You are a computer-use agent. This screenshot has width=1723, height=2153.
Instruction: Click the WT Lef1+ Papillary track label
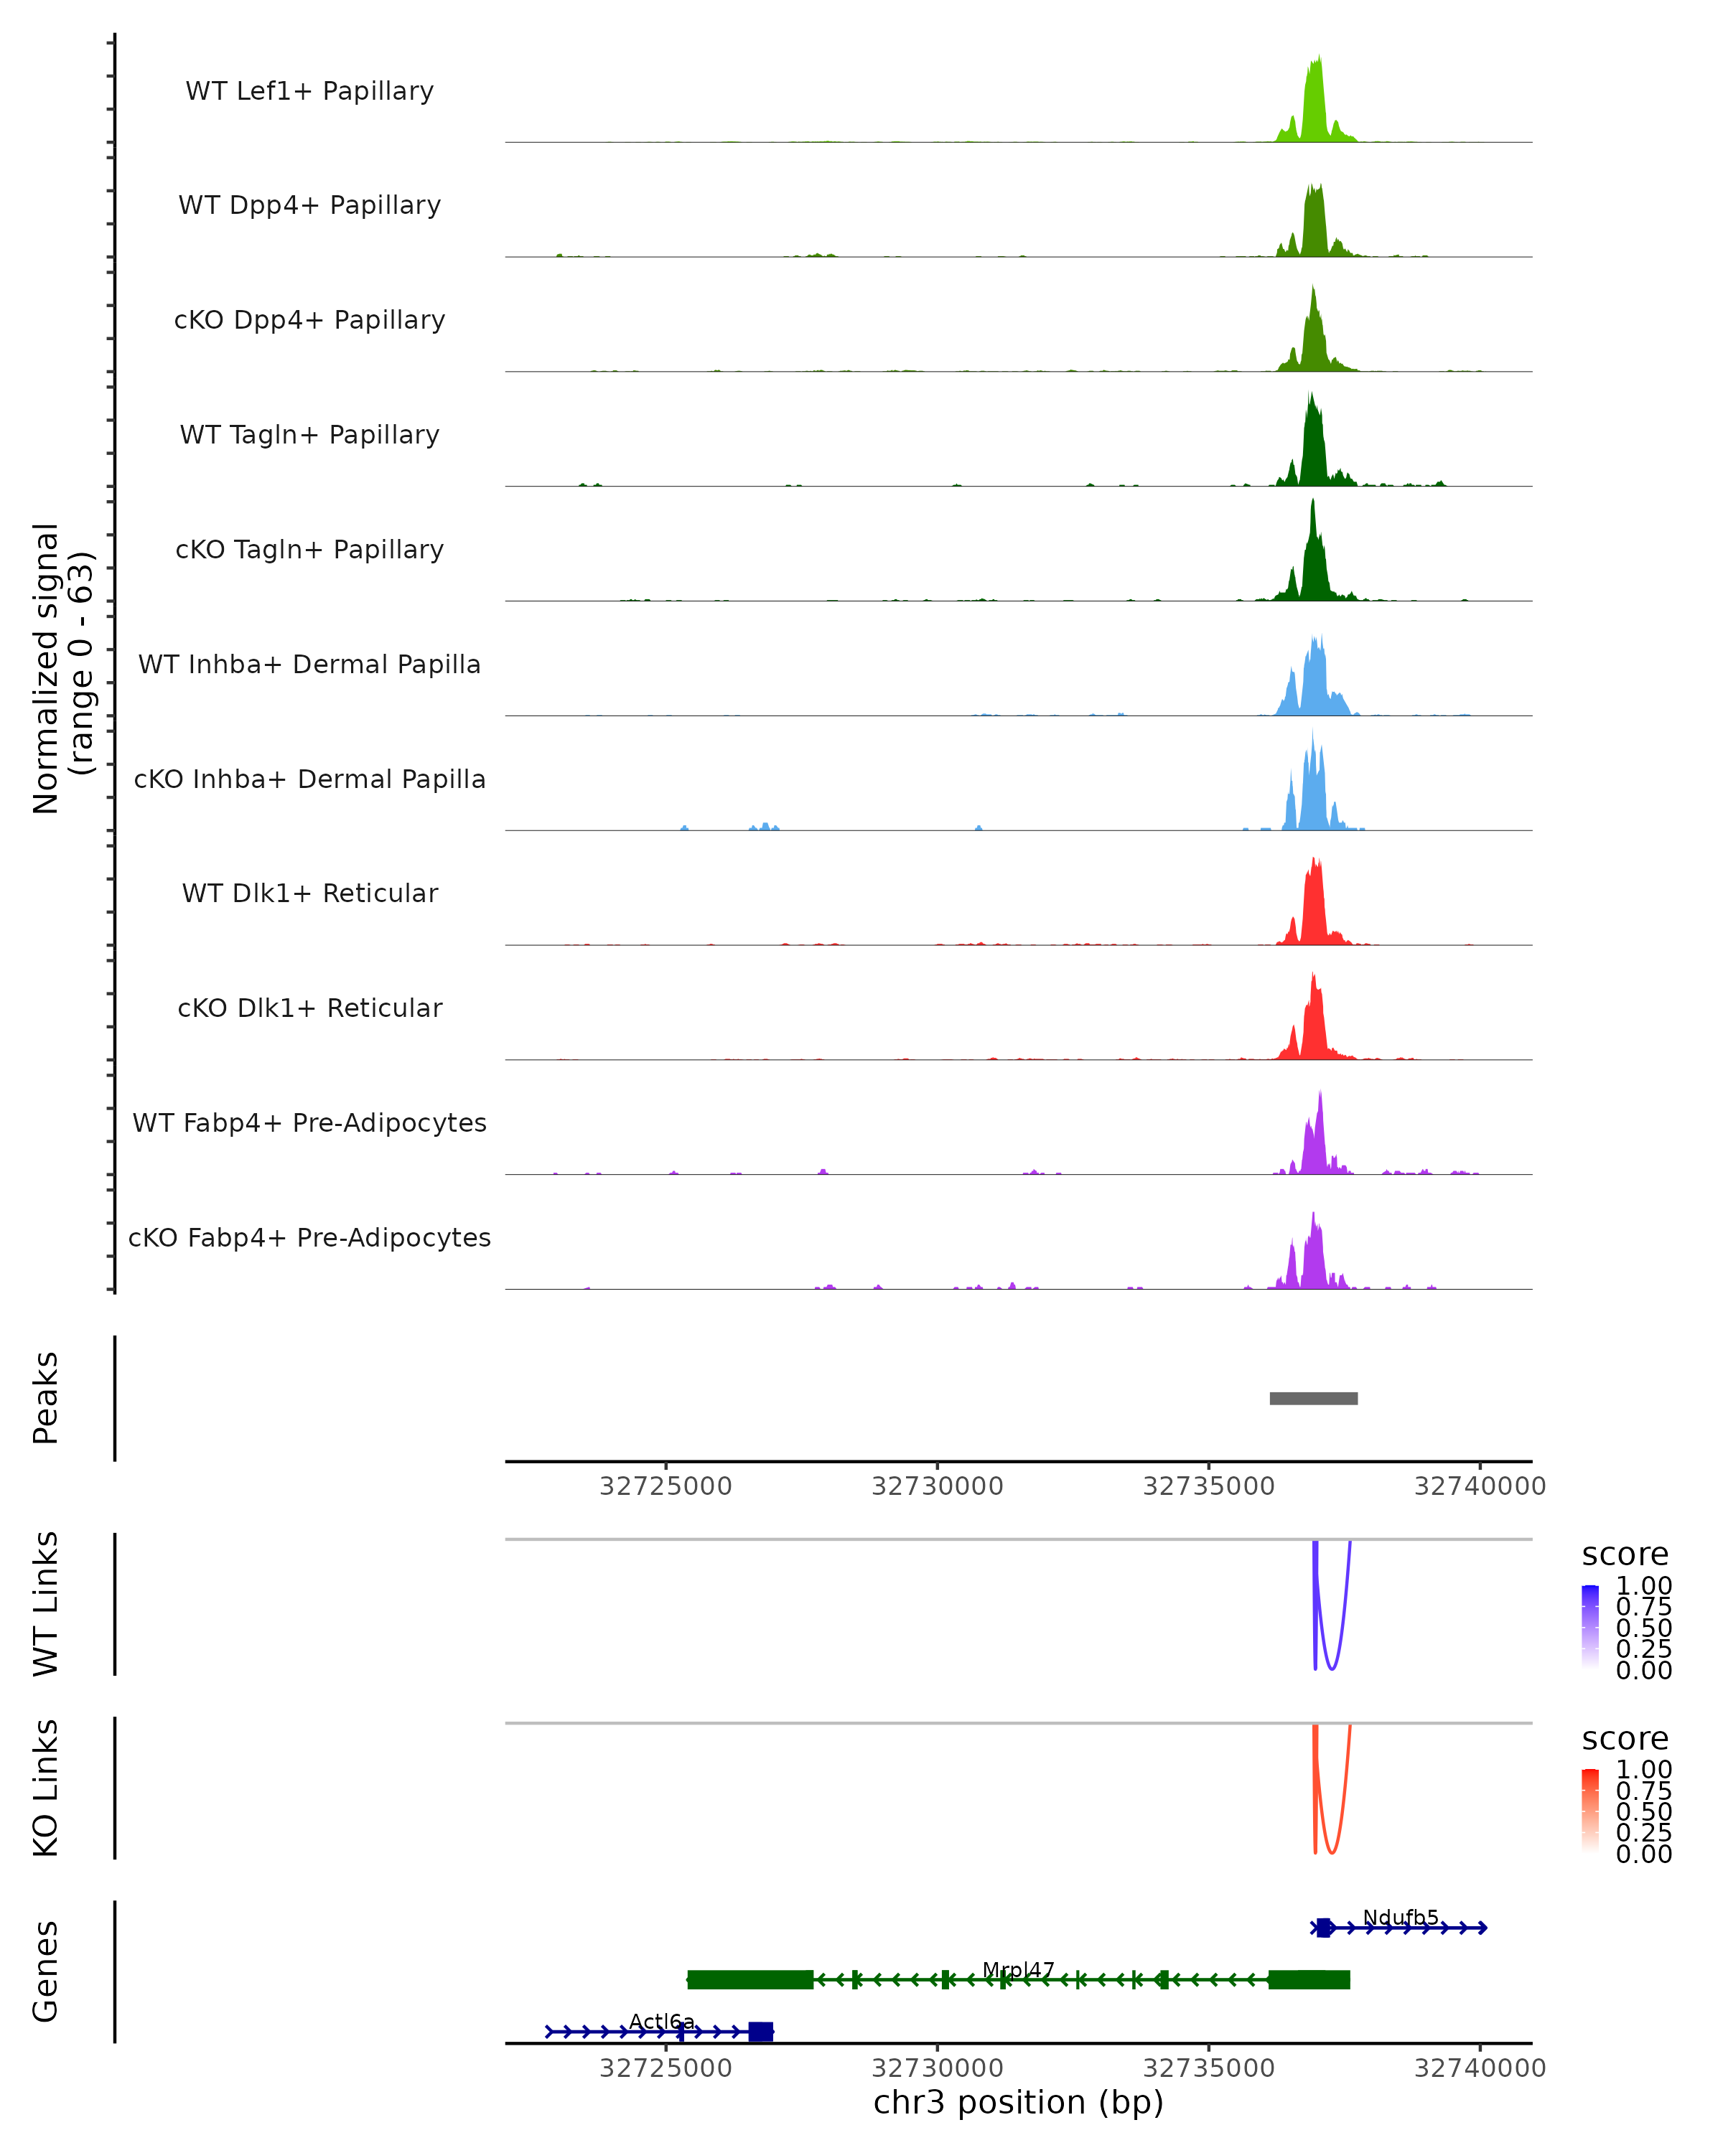click(309, 91)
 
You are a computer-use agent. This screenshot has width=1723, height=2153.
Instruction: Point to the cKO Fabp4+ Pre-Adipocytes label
click(309, 1237)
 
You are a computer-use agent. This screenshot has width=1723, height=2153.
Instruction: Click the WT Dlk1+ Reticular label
click(309, 893)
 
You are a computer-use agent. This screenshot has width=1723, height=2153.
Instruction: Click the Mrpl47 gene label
click(1018, 1969)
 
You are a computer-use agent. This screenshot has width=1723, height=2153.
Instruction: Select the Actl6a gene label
click(661, 2021)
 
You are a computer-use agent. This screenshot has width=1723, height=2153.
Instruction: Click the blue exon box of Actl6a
click(760, 2031)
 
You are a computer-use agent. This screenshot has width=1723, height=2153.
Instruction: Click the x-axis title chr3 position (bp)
click(1018, 2103)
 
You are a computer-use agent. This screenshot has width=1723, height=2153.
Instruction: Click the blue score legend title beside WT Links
click(1624, 1555)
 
